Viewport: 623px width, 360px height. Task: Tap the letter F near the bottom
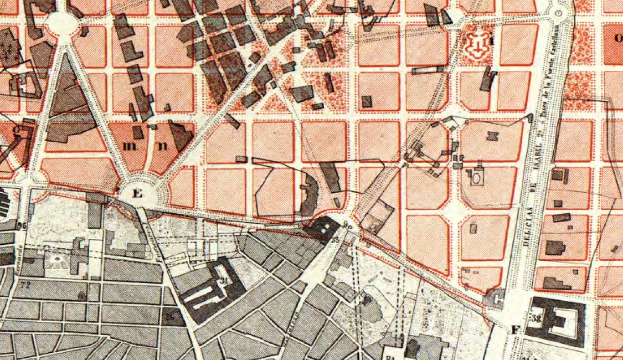[x=516, y=331]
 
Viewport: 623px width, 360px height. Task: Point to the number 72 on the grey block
[x=24, y=286]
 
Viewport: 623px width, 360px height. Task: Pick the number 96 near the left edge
[x=22, y=226]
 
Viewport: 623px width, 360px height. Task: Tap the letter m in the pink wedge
[x=130, y=147]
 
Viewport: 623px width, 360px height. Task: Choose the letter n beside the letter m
[x=162, y=147]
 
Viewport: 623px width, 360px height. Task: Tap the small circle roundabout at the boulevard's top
[x=558, y=13]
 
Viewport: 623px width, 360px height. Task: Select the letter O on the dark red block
[x=617, y=39]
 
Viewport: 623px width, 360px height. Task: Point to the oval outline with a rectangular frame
[x=476, y=177]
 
